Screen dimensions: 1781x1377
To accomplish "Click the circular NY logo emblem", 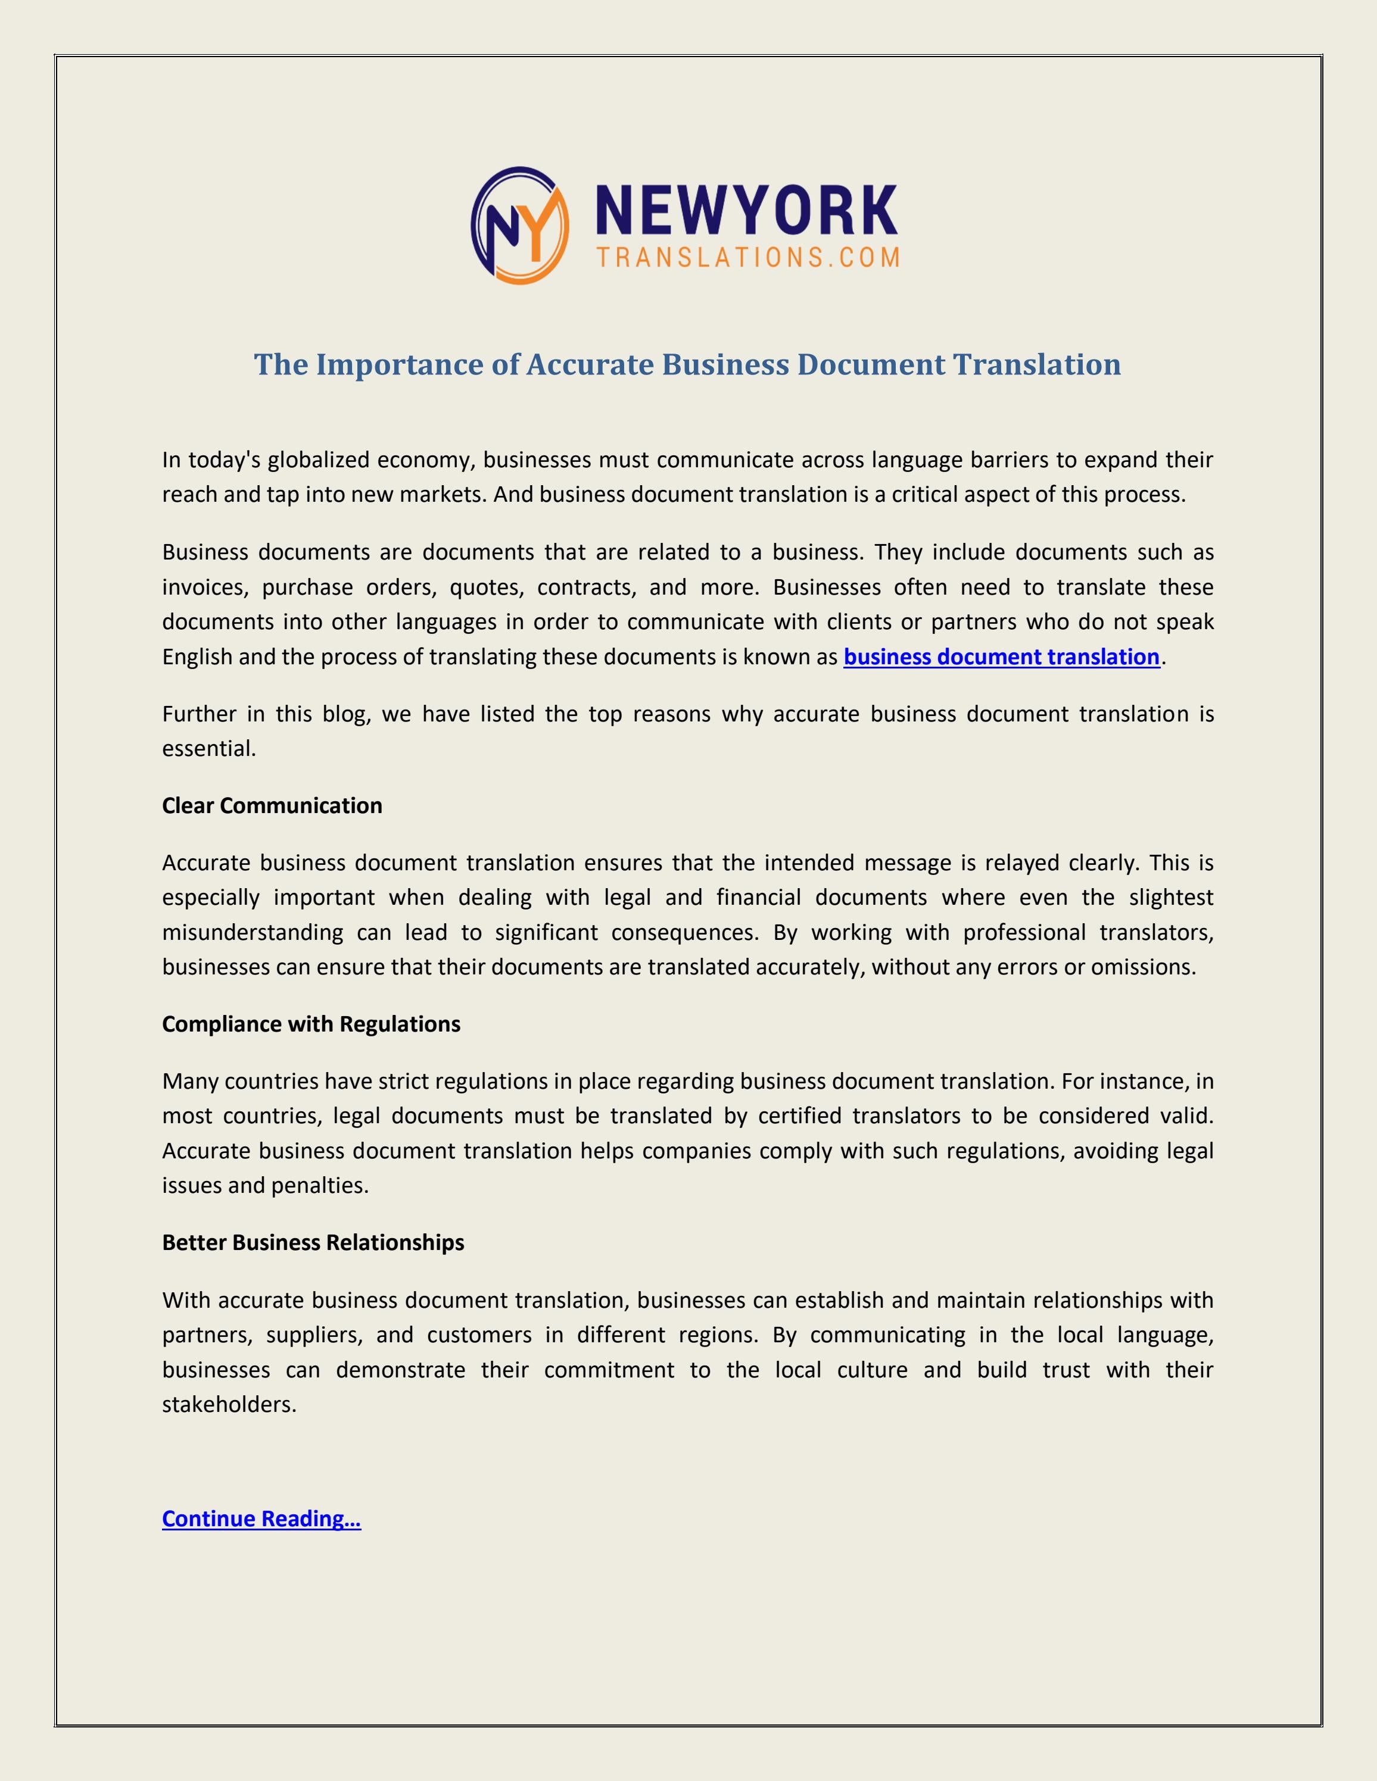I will point(519,225).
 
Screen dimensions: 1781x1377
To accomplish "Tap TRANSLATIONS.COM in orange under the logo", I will point(748,258).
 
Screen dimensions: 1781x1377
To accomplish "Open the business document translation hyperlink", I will point(1001,657).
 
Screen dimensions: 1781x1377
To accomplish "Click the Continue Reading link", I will point(261,1518).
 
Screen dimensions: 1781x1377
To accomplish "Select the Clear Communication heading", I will point(272,806).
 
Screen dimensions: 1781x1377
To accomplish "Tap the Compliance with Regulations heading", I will point(311,1024).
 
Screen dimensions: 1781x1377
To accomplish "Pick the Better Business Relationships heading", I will point(313,1243).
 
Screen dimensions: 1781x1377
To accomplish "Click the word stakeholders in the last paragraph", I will point(229,1404).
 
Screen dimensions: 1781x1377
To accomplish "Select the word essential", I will point(209,749).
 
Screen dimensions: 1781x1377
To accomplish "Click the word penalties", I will point(320,1186).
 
